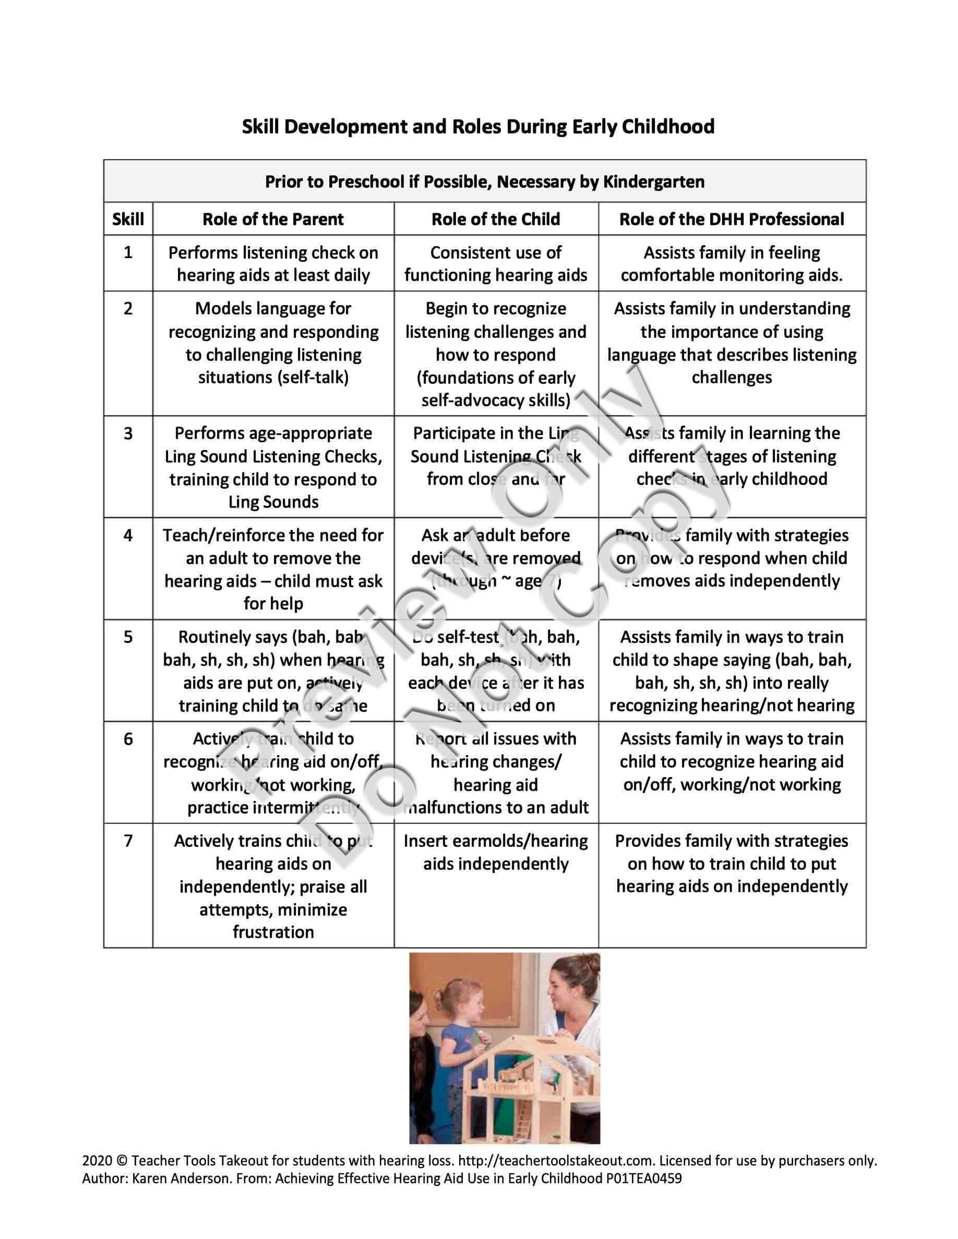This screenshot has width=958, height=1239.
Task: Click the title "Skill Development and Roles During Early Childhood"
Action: point(478,126)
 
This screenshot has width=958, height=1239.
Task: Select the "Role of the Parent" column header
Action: point(273,219)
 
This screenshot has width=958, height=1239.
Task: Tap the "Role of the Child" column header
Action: point(496,219)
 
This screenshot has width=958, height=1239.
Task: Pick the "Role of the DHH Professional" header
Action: point(731,219)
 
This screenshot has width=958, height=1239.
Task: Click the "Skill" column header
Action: point(128,219)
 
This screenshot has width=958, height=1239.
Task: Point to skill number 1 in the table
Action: point(128,252)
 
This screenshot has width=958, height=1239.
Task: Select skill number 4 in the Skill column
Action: point(128,535)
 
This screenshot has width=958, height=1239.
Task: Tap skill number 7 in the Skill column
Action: point(128,841)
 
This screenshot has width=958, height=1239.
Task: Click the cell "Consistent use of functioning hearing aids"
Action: point(496,264)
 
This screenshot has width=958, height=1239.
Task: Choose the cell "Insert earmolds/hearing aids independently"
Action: point(496,852)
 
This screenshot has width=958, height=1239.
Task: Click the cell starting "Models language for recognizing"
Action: point(273,343)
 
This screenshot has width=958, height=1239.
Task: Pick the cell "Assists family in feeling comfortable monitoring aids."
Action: point(731,264)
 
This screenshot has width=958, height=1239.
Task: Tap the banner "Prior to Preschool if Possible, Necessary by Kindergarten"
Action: point(484,181)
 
